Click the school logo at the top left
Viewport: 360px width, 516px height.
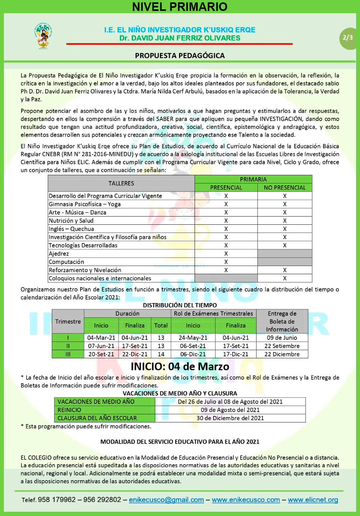pos(43,36)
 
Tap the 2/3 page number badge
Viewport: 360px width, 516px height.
pos(348,38)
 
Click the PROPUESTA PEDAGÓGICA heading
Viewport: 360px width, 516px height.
pos(180,56)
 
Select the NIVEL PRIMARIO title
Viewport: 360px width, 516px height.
pos(180,7)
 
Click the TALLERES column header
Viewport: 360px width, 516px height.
pos(121,183)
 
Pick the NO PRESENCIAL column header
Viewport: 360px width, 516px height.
pos(284,188)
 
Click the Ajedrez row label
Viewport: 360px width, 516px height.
pos(59,254)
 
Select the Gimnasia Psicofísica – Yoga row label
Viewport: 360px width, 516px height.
pos(84,204)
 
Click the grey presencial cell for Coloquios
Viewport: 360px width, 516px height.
pos(226,278)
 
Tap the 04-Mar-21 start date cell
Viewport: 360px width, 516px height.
pos(101,338)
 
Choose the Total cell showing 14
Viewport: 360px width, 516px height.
pos(161,354)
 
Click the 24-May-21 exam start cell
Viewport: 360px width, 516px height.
pos(193,338)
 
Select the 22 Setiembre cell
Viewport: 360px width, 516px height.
pos(282,346)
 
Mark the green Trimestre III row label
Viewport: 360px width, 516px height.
pos(68,354)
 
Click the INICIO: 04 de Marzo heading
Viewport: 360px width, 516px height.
pos(180,366)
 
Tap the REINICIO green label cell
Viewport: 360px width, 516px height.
pos(104,410)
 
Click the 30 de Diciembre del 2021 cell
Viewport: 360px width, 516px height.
pos(230,418)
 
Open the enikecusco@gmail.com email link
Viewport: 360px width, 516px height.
pos(166,500)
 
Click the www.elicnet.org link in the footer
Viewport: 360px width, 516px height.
pos(313,500)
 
